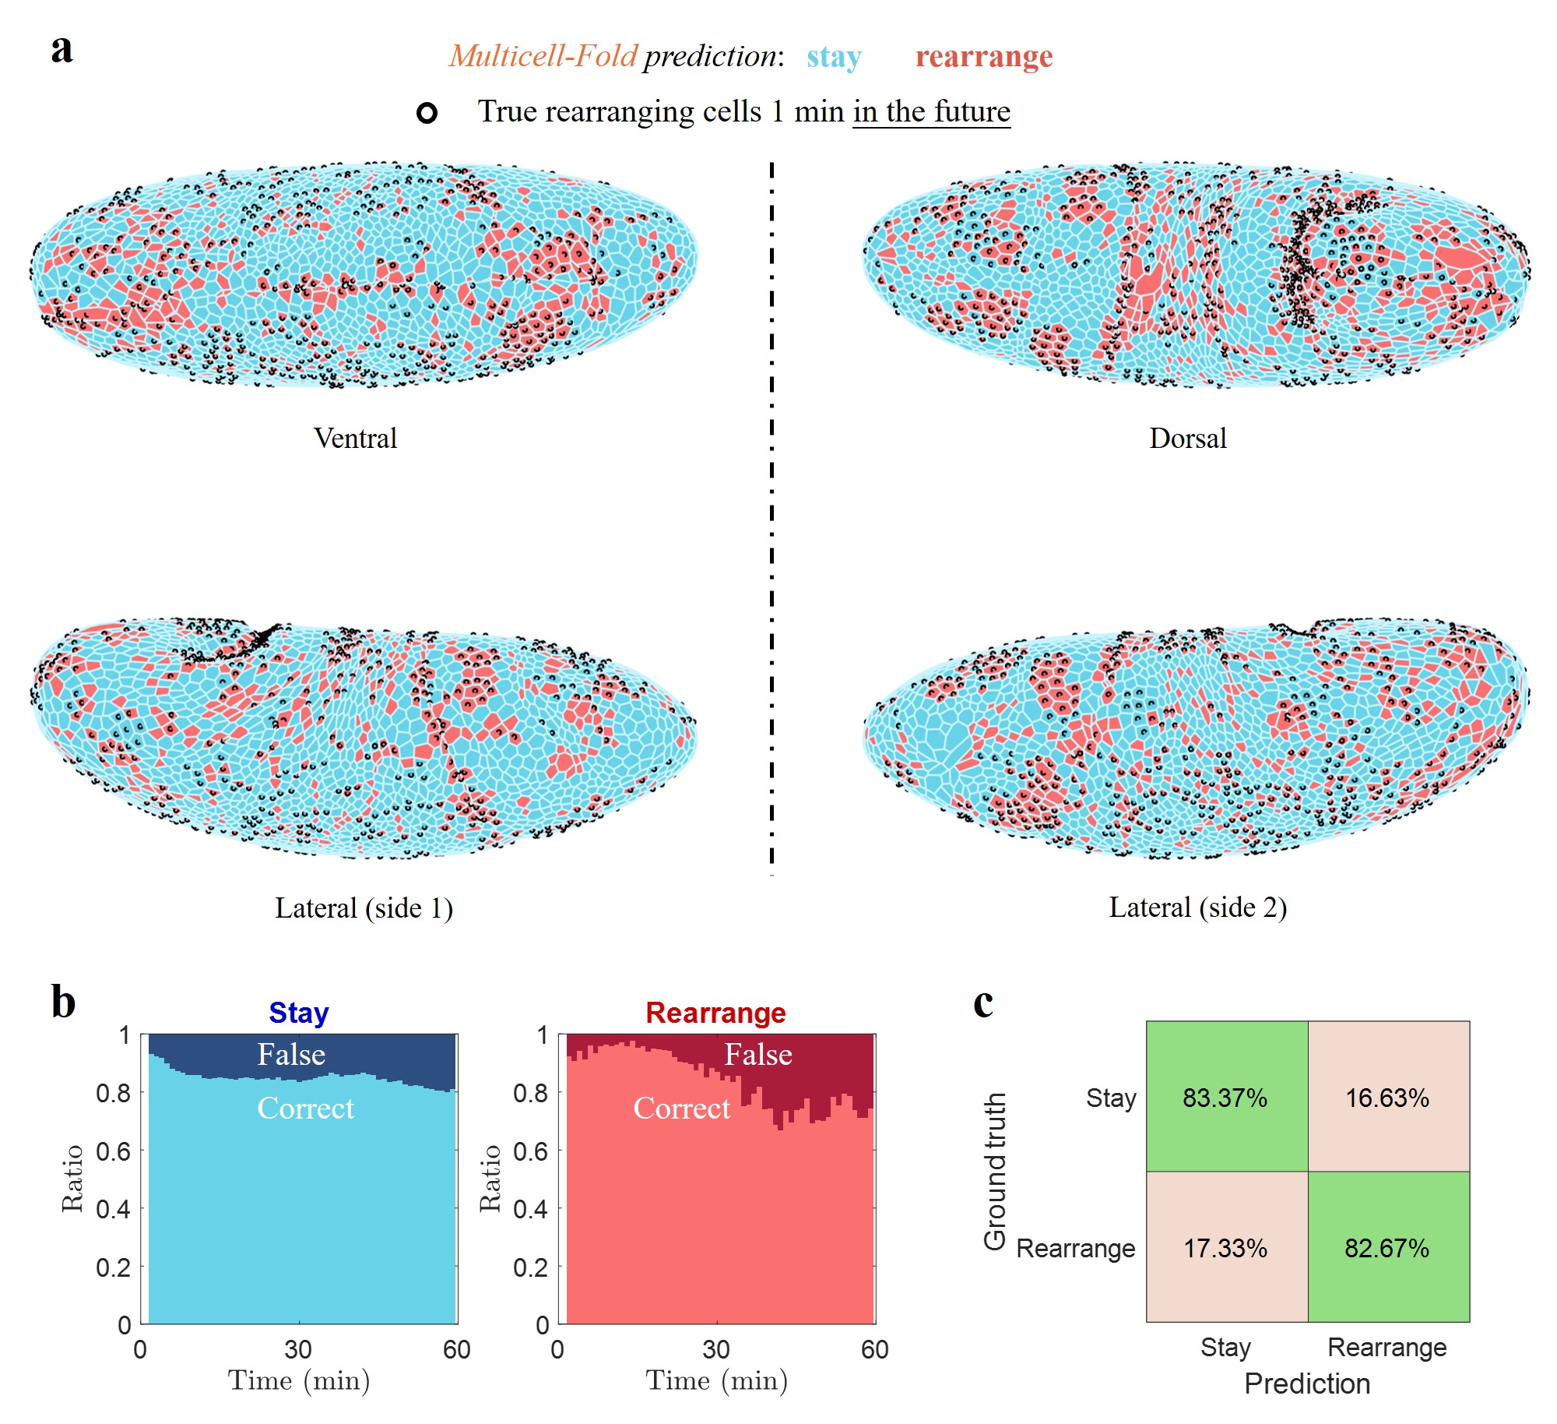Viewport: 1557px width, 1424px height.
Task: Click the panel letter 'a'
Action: coord(62,49)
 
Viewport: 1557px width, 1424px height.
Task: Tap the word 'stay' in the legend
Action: coord(834,57)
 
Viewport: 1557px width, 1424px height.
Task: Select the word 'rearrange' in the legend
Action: coord(983,57)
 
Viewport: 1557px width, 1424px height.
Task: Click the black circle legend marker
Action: coord(427,113)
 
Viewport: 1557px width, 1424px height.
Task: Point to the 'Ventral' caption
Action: coord(355,439)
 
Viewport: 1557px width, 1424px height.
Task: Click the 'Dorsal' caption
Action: coord(1187,439)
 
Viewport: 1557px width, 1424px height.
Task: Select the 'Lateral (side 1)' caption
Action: coord(364,908)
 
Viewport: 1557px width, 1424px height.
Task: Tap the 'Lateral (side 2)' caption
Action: coord(1197,908)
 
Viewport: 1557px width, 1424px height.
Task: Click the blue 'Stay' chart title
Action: coord(299,1013)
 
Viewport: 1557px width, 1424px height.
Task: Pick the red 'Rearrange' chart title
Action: coord(715,1013)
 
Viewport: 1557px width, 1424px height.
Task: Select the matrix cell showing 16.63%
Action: coord(1387,1098)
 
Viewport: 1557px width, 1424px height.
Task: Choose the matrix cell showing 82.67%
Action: coord(1387,1248)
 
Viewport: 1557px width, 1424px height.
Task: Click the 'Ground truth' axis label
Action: coord(995,1171)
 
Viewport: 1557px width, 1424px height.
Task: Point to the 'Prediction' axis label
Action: coord(1307,1383)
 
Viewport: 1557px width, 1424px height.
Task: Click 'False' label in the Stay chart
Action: coord(291,1055)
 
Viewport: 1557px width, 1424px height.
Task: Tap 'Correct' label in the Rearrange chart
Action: coord(682,1109)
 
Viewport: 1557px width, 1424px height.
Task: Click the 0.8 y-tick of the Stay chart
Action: coord(113,1093)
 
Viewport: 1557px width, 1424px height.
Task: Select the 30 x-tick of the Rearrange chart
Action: coord(715,1349)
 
